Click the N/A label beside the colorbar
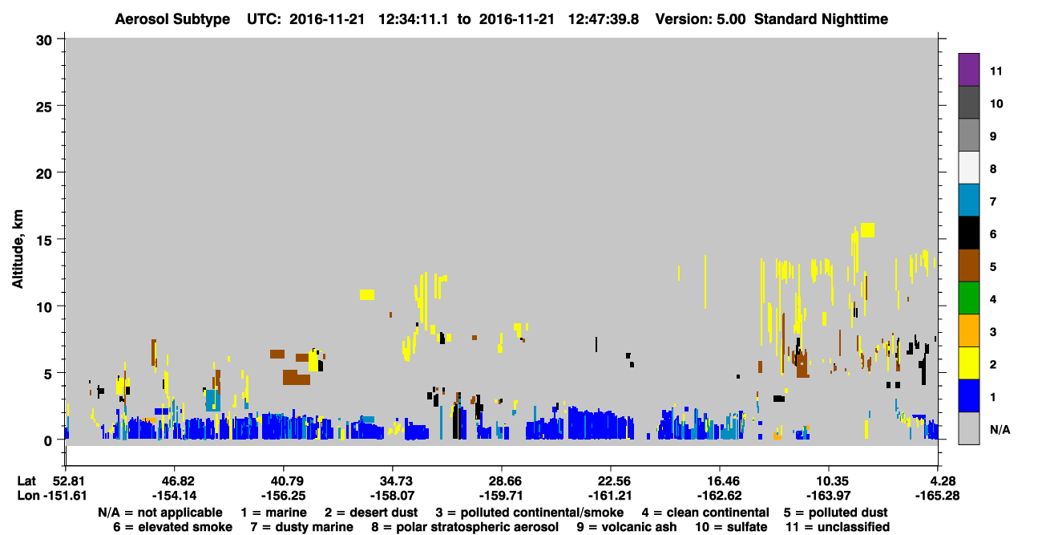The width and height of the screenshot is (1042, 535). [x=1000, y=430]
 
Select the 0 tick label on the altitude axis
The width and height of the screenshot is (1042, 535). [x=48, y=440]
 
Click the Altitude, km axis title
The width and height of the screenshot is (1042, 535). [x=17, y=249]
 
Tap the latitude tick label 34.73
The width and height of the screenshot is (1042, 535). [x=392, y=480]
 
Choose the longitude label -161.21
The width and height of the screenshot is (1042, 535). [x=610, y=496]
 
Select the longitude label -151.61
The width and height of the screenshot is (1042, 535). [x=65, y=496]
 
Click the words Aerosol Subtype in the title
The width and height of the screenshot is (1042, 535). [x=172, y=19]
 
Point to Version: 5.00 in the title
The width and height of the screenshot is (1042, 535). [x=700, y=19]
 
